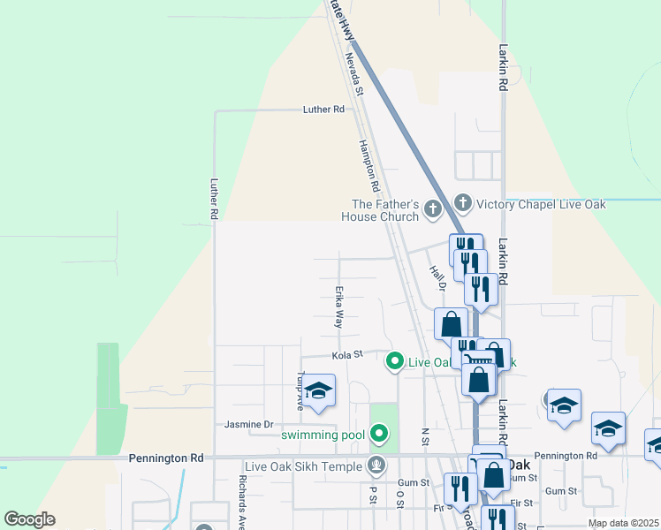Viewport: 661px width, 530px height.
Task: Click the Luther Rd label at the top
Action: click(323, 110)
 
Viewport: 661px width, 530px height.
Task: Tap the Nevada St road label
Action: click(354, 73)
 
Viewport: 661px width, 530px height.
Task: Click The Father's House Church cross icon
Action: click(432, 209)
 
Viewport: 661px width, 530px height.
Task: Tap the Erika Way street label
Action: click(338, 307)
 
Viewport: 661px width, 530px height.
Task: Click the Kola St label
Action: click(347, 355)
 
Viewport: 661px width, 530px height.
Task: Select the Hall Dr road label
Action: click(437, 277)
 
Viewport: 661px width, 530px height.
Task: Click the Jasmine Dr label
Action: click(249, 424)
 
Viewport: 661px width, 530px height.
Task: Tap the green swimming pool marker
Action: click(379, 434)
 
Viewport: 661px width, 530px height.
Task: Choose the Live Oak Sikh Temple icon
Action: click(376, 466)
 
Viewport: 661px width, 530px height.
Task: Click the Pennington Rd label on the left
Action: click(165, 458)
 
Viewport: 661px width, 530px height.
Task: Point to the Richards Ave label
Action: click(242, 503)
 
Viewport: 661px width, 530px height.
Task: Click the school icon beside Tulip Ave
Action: click(318, 390)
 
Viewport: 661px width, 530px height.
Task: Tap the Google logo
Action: click(29, 519)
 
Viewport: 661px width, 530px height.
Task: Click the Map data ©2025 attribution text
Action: click(622, 523)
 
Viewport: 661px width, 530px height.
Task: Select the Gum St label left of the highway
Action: click(413, 483)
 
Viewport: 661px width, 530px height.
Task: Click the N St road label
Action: click(425, 435)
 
